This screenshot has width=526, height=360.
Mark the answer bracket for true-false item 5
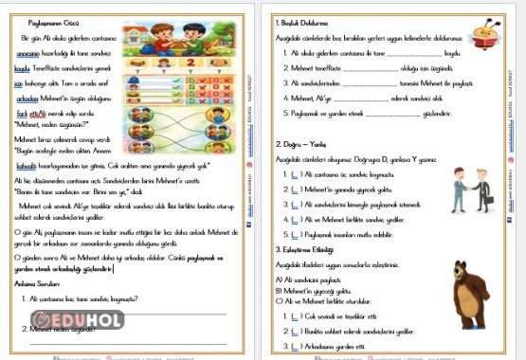[296, 231]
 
